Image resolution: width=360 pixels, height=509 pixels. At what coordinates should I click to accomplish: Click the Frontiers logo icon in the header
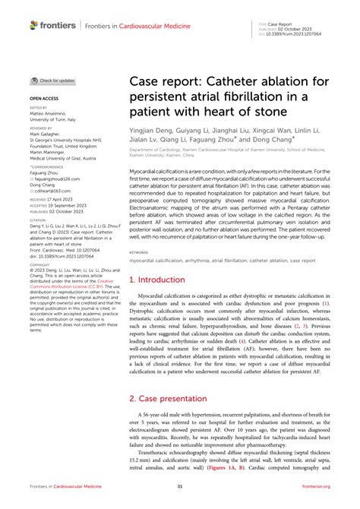[x=33, y=25]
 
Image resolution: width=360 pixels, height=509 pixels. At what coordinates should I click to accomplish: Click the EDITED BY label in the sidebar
[x=38, y=109]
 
